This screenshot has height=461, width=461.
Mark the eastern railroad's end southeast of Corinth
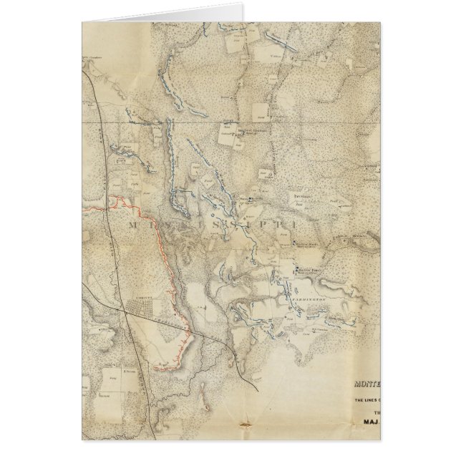[256, 389]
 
